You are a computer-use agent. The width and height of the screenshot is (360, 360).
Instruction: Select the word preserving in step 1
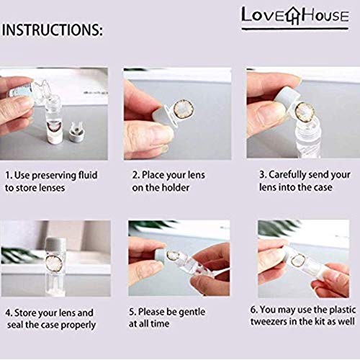(x=64, y=174)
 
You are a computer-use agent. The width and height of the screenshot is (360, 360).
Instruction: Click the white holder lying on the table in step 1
(x=74, y=130)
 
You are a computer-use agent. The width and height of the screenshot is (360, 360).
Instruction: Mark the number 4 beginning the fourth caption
(x=8, y=312)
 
